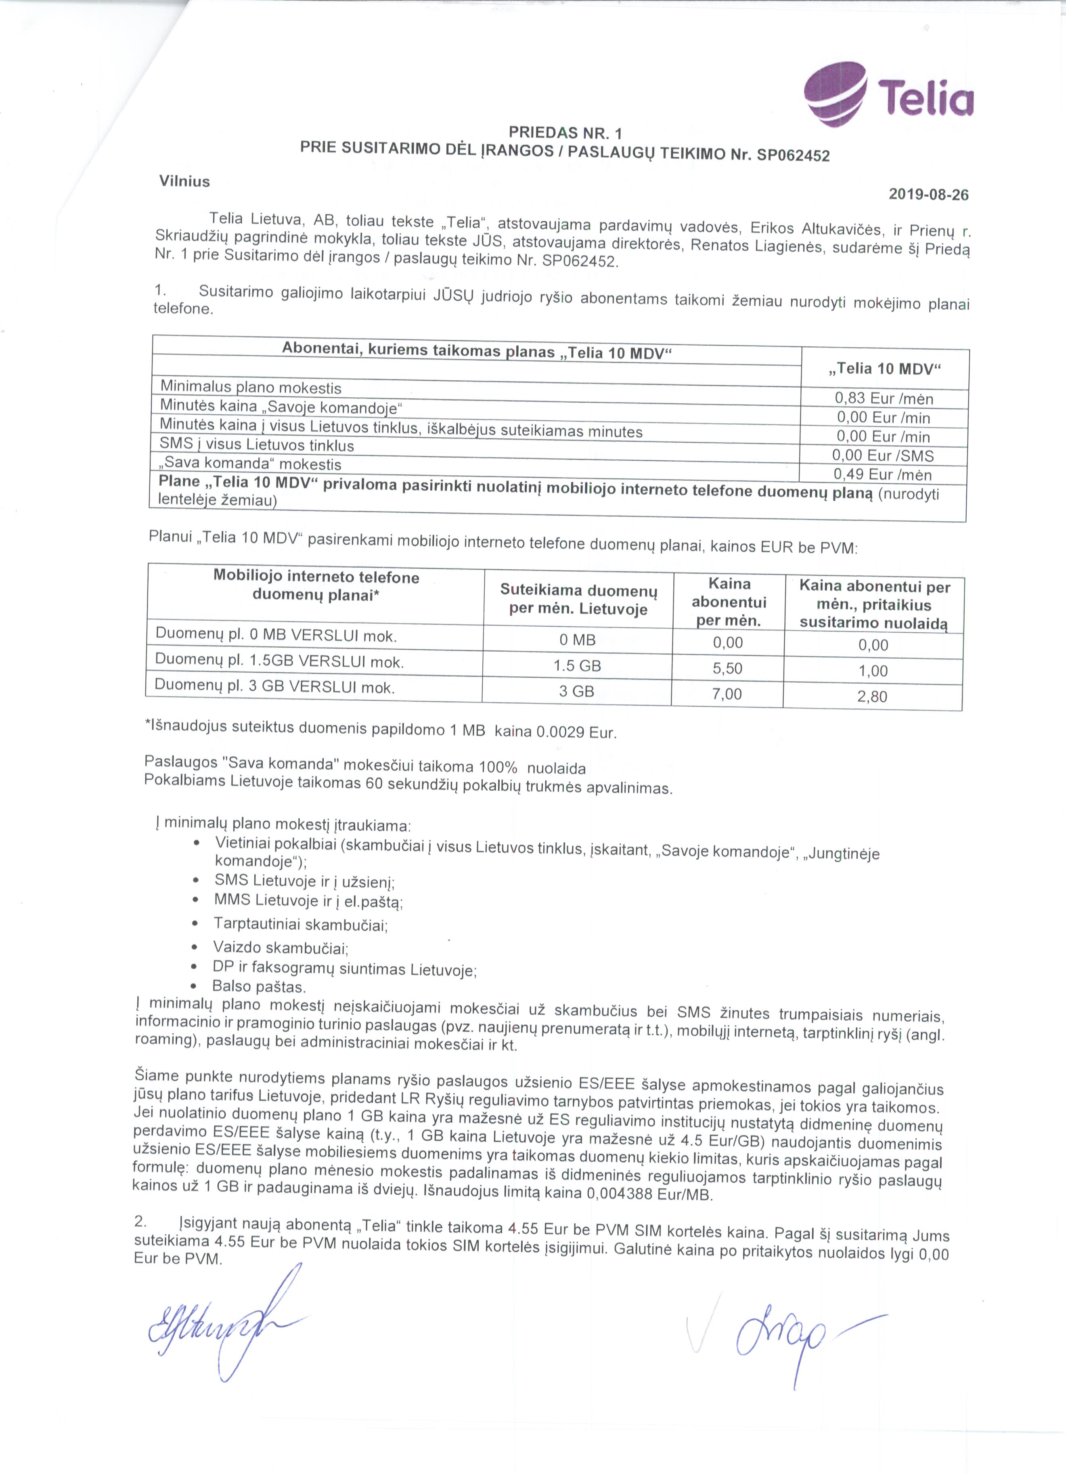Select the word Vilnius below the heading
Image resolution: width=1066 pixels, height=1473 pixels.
click(x=185, y=181)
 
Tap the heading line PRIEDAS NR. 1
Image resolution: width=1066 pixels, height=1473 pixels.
click(x=565, y=133)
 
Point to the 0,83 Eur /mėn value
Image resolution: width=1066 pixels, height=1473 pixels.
click(x=884, y=398)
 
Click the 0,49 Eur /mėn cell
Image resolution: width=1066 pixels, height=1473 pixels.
click(x=882, y=474)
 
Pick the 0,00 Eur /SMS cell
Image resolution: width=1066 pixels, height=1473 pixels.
click(x=882, y=455)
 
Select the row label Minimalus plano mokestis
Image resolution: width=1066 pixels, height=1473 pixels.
click(x=251, y=388)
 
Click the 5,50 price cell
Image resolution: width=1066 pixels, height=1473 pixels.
click(x=727, y=668)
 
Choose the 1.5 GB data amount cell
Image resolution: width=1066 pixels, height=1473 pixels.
click(x=577, y=666)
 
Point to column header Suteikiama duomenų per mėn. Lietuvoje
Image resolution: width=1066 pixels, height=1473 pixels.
click(x=578, y=600)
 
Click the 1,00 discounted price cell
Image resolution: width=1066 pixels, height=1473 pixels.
click(x=873, y=671)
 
